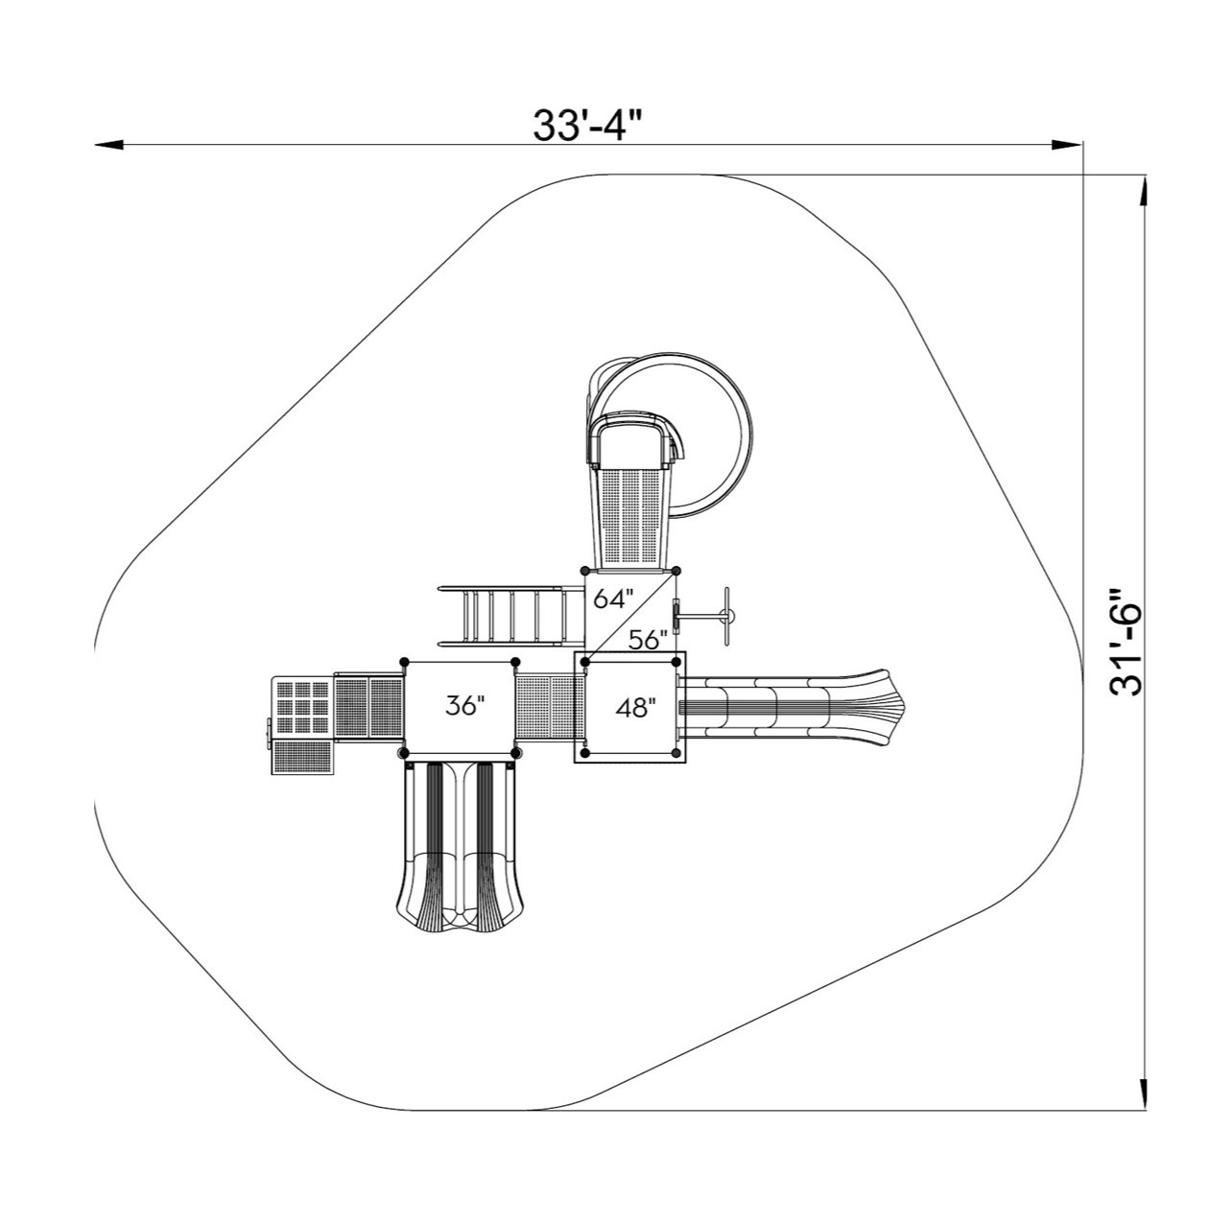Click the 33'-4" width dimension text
click(x=587, y=125)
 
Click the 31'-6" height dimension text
click(x=1122, y=641)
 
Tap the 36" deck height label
click(x=465, y=706)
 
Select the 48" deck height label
click(x=635, y=708)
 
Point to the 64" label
click(x=614, y=600)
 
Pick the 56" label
click(x=649, y=640)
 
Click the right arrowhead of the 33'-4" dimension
click(x=1069, y=146)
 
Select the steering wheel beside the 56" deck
click(x=727, y=615)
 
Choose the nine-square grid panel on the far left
click(x=303, y=708)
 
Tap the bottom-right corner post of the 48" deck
click(x=679, y=753)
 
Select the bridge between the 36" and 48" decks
click(x=545, y=708)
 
